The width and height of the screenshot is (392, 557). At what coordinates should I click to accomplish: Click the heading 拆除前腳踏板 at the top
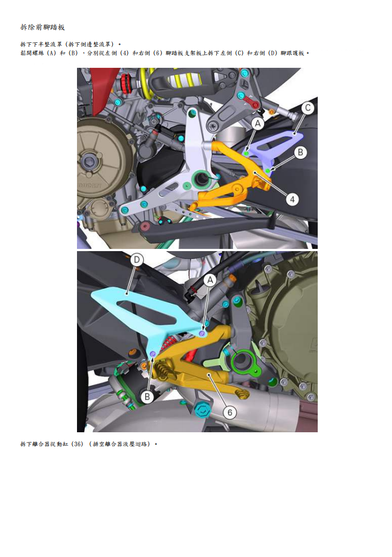tap(42, 27)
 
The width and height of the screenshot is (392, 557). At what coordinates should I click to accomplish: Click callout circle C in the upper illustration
tap(307, 108)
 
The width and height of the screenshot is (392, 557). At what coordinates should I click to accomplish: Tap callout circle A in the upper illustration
tap(258, 124)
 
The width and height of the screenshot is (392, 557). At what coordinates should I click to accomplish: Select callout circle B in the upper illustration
tap(301, 152)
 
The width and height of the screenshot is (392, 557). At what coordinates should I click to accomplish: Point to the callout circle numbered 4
tap(293, 199)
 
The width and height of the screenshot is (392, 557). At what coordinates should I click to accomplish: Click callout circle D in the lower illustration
tap(137, 260)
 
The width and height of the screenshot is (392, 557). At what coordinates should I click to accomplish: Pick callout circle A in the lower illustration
tap(210, 279)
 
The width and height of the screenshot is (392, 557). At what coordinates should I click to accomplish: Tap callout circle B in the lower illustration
tap(147, 397)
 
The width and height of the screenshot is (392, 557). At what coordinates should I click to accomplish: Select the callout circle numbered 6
tap(230, 412)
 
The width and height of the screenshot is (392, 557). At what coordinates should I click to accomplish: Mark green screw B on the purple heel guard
tap(268, 171)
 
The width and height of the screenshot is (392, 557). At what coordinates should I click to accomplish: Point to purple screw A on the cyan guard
tap(202, 334)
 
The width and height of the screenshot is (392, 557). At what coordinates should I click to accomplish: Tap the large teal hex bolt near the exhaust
tap(203, 411)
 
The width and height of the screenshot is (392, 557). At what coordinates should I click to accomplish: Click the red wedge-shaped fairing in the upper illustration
tap(100, 89)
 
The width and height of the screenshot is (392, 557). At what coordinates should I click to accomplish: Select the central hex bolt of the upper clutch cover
tap(89, 161)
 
